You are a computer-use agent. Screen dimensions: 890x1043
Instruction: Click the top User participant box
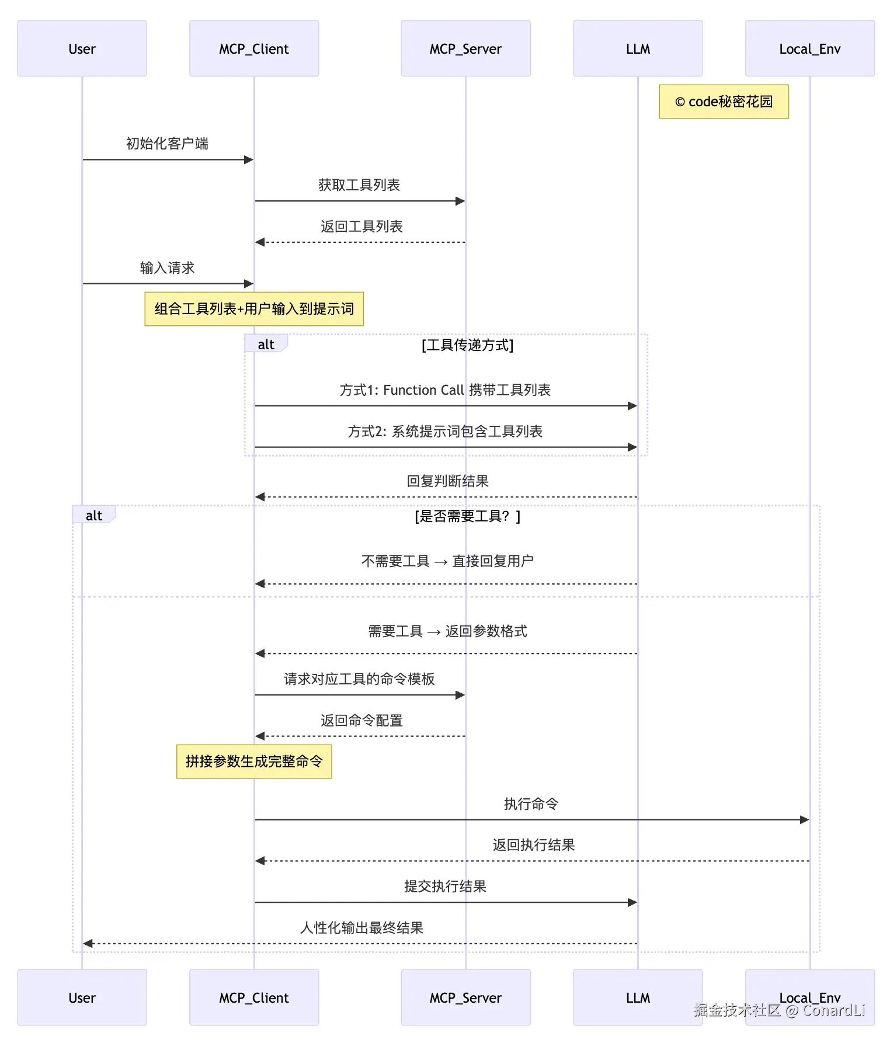coord(82,48)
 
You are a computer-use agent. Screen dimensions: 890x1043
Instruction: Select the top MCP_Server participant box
coord(465,48)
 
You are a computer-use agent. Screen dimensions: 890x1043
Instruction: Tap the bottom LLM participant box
coord(638,997)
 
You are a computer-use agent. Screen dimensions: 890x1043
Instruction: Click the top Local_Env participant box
coord(809,48)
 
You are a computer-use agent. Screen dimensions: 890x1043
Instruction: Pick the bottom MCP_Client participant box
coord(254,997)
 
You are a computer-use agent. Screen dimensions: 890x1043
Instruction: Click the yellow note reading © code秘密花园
coord(724,102)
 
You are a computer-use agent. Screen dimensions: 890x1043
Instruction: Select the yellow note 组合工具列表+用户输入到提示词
coord(254,309)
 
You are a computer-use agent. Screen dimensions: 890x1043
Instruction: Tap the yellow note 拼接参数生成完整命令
coord(254,762)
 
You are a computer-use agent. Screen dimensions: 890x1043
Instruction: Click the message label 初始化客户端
coord(167,144)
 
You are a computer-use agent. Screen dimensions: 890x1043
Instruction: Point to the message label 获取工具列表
coord(359,185)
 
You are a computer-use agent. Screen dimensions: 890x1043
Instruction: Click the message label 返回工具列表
coord(361,227)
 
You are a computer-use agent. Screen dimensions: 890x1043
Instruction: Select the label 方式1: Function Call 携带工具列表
coord(445,390)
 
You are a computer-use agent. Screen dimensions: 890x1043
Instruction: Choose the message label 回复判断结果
coord(447,481)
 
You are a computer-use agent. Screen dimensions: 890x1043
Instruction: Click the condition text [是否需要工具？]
coord(467,516)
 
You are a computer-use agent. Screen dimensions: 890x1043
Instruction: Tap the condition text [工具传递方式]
coord(467,345)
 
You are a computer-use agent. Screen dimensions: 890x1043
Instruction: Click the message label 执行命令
coord(531,804)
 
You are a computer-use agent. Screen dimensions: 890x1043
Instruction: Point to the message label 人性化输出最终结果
coord(361,928)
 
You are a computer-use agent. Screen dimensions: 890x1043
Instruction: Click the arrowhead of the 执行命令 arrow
coord(805,820)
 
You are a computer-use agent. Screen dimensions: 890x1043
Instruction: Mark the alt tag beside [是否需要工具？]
coord(94,516)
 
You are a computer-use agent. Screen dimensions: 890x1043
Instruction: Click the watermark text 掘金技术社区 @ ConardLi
coord(779,1010)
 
